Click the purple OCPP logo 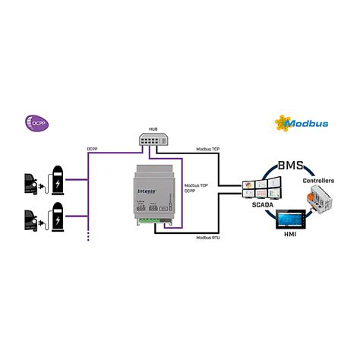click(36, 122)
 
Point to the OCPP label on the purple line click(92, 150)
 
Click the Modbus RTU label click(210, 237)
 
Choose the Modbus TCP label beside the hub click(208, 150)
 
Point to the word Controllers click(318, 181)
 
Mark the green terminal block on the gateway click(159, 223)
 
